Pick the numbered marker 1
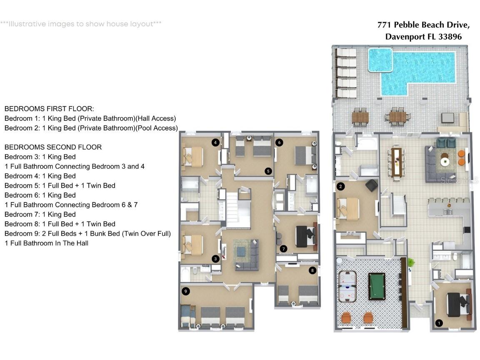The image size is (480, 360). [x=438, y=322]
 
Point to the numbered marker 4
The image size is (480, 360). [x=215, y=142]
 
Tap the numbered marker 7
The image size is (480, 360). [x=284, y=249]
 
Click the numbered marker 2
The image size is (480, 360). [x=341, y=186]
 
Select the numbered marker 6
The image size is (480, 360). [x=279, y=142]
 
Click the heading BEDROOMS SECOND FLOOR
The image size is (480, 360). [x=53, y=147]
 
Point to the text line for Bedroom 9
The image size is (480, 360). [x=87, y=233]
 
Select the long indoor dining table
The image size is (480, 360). [x=396, y=161]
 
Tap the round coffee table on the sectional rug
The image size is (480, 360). [x=445, y=161]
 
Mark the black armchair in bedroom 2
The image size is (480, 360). [x=371, y=185]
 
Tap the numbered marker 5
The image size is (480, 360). [x=268, y=171]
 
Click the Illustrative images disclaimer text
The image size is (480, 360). [x=81, y=24]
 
